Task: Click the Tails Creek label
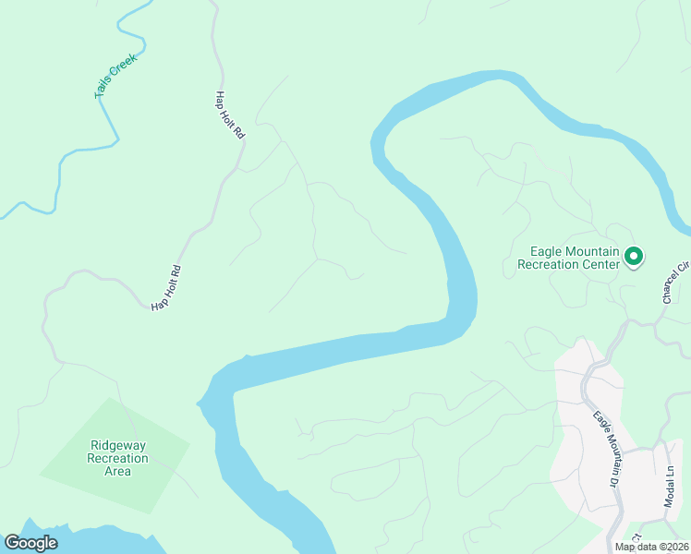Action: point(115,76)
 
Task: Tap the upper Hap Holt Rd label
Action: point(230,114)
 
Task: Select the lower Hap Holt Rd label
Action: point(167,287)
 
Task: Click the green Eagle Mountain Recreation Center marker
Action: point(634,256)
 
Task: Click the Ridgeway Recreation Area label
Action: point(117,458)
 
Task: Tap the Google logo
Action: point(30,543)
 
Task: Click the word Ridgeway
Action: point(117,445)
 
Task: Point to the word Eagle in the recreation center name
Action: point(546,251)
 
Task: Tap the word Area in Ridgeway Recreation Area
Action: point(117,471)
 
